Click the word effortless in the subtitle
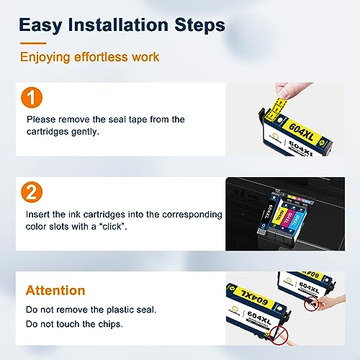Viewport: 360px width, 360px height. (107, 56)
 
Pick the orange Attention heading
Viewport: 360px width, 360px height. (55, 291)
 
